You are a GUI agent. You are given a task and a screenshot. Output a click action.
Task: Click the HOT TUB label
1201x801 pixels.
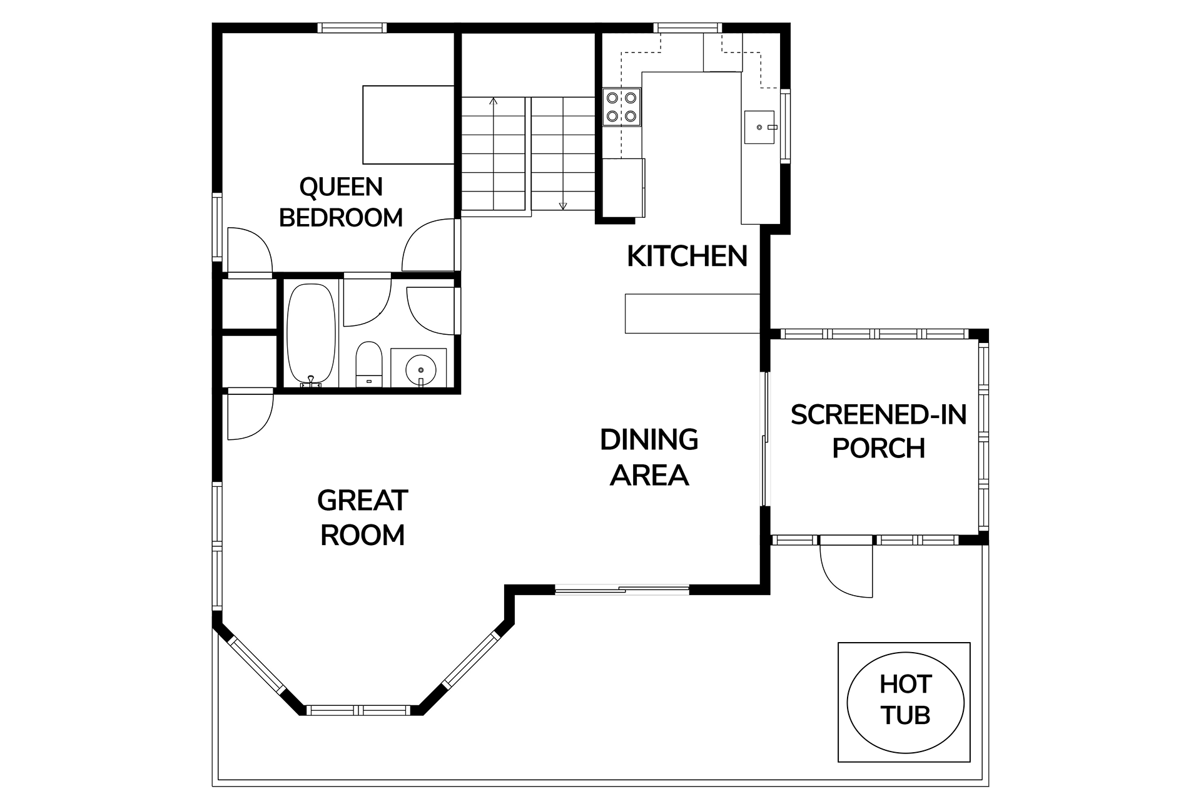point(905,700)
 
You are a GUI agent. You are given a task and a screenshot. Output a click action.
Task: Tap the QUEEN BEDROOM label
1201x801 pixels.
point(341,202)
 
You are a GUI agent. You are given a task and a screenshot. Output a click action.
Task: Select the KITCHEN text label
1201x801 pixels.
point(687,257)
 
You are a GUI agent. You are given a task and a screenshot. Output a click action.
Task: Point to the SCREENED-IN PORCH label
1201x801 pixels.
point(879,431)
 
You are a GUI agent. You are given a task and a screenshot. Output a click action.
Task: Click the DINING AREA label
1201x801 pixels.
point(649,457)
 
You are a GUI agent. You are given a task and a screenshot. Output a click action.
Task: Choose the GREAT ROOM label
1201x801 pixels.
point(363,518)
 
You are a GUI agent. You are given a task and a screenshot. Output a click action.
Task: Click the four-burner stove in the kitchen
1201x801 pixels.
point(622,107)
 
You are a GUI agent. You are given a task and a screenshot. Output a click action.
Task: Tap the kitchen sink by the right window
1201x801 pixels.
point(760,127)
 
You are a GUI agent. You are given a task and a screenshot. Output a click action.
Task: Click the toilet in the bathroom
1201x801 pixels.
point(368,364)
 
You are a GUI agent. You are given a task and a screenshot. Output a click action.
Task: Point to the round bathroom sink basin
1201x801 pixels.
point(420,369)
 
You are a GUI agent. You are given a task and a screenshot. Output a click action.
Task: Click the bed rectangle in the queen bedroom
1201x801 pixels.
point(408,125)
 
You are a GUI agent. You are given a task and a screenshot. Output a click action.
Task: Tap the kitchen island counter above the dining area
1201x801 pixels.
point(692,314)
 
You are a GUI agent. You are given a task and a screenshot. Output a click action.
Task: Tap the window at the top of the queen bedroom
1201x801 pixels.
point(352,28)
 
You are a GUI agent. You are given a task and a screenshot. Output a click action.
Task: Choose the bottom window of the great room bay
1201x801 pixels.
point(358,710)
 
